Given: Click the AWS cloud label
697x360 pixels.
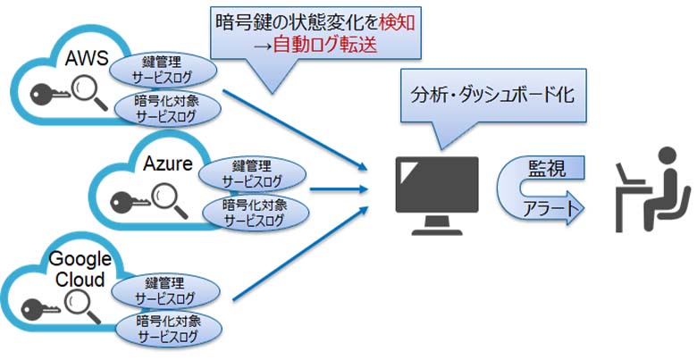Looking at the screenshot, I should [x=87, y=58].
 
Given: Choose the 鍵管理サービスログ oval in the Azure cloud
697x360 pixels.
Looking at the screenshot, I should [x=239, y=170].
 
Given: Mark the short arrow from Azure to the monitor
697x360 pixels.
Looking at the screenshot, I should [x=338, y=189].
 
